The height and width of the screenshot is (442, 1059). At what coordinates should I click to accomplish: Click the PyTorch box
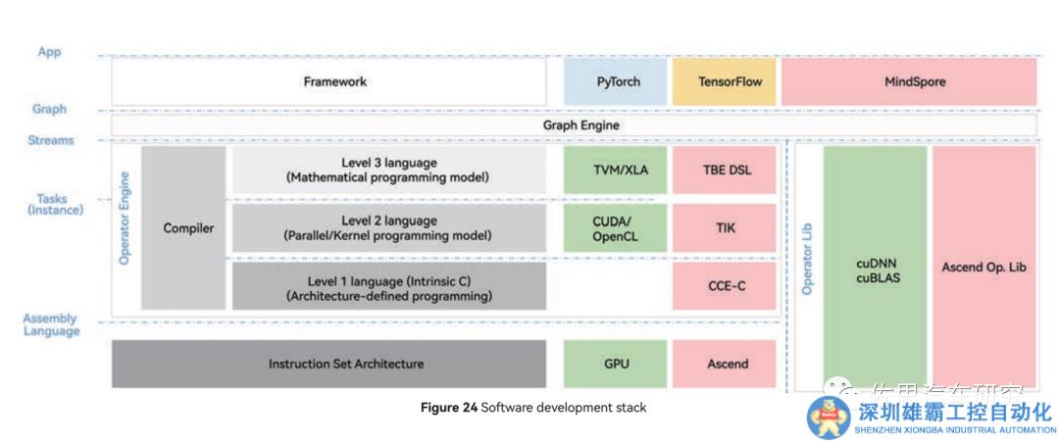[x=618, y=82]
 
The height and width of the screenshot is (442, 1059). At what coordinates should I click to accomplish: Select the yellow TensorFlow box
[x=723, y=82]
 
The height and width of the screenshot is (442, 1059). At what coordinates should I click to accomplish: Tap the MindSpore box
[x=908, y=82]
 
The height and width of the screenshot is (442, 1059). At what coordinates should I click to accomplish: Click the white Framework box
[x=328, y=82]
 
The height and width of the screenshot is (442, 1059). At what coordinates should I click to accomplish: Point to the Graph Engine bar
[x=580, y=126]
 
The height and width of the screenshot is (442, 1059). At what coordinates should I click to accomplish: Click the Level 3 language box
[x=388, y=171]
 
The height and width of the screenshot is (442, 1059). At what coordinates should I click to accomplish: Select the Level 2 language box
[x=388, y=228]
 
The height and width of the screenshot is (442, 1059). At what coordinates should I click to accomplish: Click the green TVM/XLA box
[x=615, y=171]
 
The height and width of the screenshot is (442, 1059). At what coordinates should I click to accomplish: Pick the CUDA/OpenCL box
[x=615, y=228]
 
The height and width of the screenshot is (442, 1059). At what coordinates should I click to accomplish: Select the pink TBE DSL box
[x=724, y=171]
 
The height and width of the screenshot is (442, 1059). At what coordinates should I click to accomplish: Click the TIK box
[x=724, y=228]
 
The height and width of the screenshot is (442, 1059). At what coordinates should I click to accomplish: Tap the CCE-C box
[x=724, y=285]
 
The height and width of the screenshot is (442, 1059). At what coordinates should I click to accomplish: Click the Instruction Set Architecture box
[x=328, y=364]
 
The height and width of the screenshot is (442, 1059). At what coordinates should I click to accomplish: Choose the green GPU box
[x=615, y=364]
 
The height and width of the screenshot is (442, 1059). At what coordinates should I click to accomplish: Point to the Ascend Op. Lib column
[x=983, y=267]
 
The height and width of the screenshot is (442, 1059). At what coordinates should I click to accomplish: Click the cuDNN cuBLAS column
[x=875, y=269]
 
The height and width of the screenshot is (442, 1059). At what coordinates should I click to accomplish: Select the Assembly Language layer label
[x=50, y=325]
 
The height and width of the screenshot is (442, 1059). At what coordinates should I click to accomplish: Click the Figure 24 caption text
[x=533, y=408]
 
